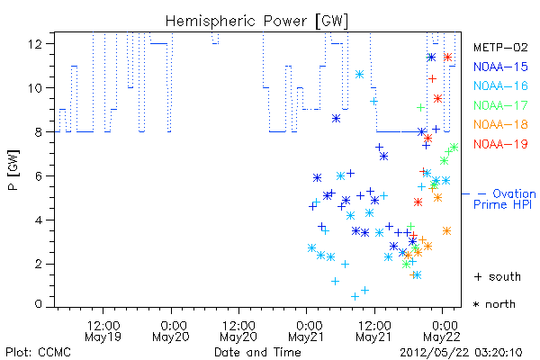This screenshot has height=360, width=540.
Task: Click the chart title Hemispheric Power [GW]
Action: [x=256, y=22]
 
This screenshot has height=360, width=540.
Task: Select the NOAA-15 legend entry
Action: [x=500, y=67]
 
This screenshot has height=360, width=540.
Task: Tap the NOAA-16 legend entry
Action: [x=500, y=85]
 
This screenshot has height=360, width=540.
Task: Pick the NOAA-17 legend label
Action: [x=500, y=105]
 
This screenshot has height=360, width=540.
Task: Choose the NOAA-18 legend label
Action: [x=500, y=124]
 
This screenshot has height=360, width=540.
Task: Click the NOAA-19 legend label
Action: [x=500, y=144]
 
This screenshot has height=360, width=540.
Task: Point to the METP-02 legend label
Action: [x=500, y=47]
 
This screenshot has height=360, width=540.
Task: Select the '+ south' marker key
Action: [x=498, y=276]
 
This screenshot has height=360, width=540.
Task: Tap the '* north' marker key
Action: [x=494, y=304]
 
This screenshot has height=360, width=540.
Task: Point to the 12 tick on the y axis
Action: [x=35, y=44]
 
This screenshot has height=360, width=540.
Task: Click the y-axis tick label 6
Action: [x=38, y=176]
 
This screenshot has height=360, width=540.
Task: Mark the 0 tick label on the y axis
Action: [x=38, y=304]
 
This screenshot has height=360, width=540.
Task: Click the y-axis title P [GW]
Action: [x=13, y=170]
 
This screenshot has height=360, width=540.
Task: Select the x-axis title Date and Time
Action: [x=257, y=352]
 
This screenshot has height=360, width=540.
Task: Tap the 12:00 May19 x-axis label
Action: [x=103, y=331]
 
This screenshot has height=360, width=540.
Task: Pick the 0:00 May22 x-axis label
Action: [x=442, y=331]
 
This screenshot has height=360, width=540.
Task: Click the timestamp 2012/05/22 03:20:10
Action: [x=461, y=353]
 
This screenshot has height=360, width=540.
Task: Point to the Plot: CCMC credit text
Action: [x=38, y=352]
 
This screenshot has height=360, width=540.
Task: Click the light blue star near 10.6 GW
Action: [x=359, y=75]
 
